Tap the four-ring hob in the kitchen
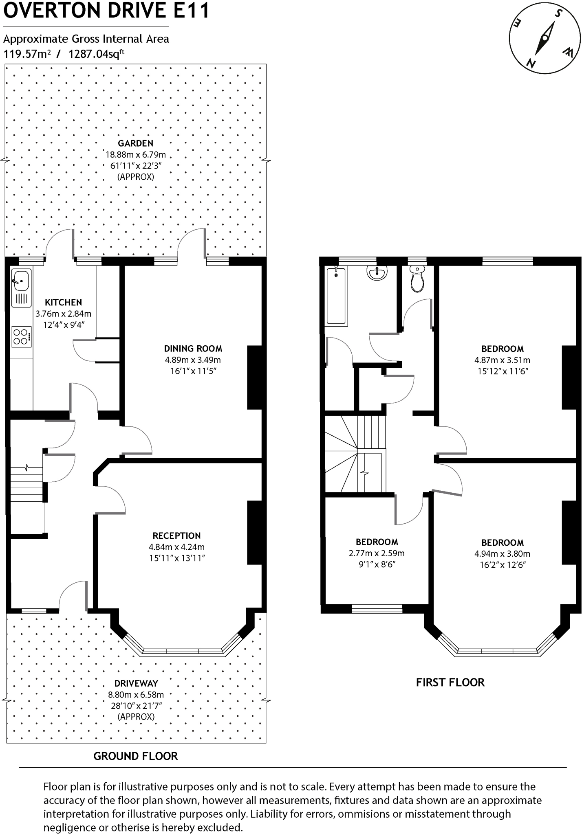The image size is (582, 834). [21, 337]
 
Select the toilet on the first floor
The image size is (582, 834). [417, 279]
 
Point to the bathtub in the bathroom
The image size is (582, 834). [336, 295]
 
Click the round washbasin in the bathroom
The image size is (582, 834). [377, 272]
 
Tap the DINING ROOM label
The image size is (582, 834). [193, 349]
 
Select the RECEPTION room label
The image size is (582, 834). [176, 536]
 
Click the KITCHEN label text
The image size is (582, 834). [63, 302]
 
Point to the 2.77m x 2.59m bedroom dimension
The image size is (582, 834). [377, 553]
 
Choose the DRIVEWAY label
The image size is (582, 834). [136, 683]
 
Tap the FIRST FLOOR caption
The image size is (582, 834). [450, 683]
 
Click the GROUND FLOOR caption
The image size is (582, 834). [136, 756]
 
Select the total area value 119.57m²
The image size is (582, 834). [27, 54]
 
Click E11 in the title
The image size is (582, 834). [191, 11]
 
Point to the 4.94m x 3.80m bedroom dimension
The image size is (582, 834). [502, 553]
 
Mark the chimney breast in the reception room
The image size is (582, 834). [254, 532]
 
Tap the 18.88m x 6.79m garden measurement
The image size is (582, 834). [136, 154]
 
